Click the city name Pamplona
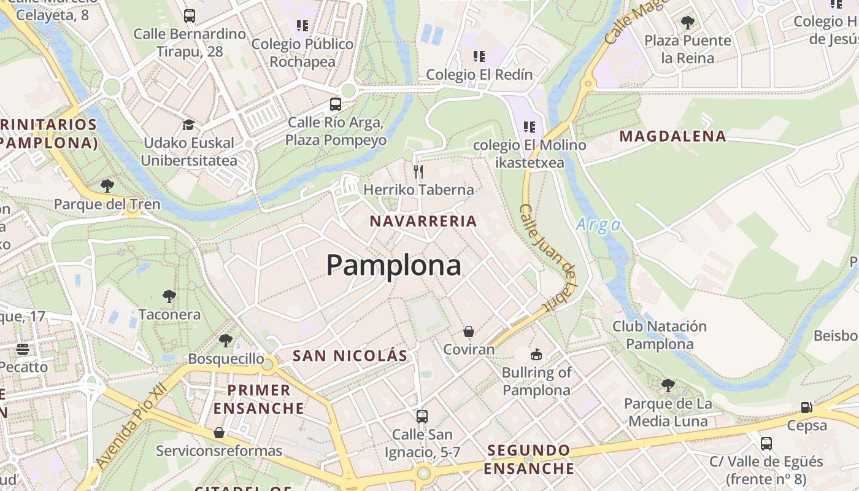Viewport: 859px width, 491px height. click(393, 265)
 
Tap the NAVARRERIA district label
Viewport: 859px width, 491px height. click(423, 221)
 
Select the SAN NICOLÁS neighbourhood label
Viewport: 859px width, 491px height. click(350, 355)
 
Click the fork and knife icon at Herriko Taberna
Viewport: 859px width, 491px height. click(418, 171)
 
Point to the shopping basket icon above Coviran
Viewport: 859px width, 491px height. click(469, 331)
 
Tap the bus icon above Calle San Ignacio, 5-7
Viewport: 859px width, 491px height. click(422, 416)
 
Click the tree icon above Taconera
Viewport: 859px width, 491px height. click(169, 297)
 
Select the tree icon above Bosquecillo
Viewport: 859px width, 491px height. click(226, 341)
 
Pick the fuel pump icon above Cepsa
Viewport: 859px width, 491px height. click(807, 408)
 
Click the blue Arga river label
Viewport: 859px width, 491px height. click(598, 225)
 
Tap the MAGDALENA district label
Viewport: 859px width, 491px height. click(672, 136)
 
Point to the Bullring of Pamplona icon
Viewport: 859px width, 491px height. click(536, 354)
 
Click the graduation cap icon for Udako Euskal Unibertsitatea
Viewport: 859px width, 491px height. click(188, 125)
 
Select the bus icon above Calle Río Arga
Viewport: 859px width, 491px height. click(335, 104)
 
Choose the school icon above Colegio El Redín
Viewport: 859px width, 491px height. click(479, 56)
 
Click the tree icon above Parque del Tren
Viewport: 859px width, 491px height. click(107, 185)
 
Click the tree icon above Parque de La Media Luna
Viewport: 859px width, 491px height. click(668, 385)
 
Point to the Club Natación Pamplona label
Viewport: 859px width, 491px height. click(660, 335)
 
